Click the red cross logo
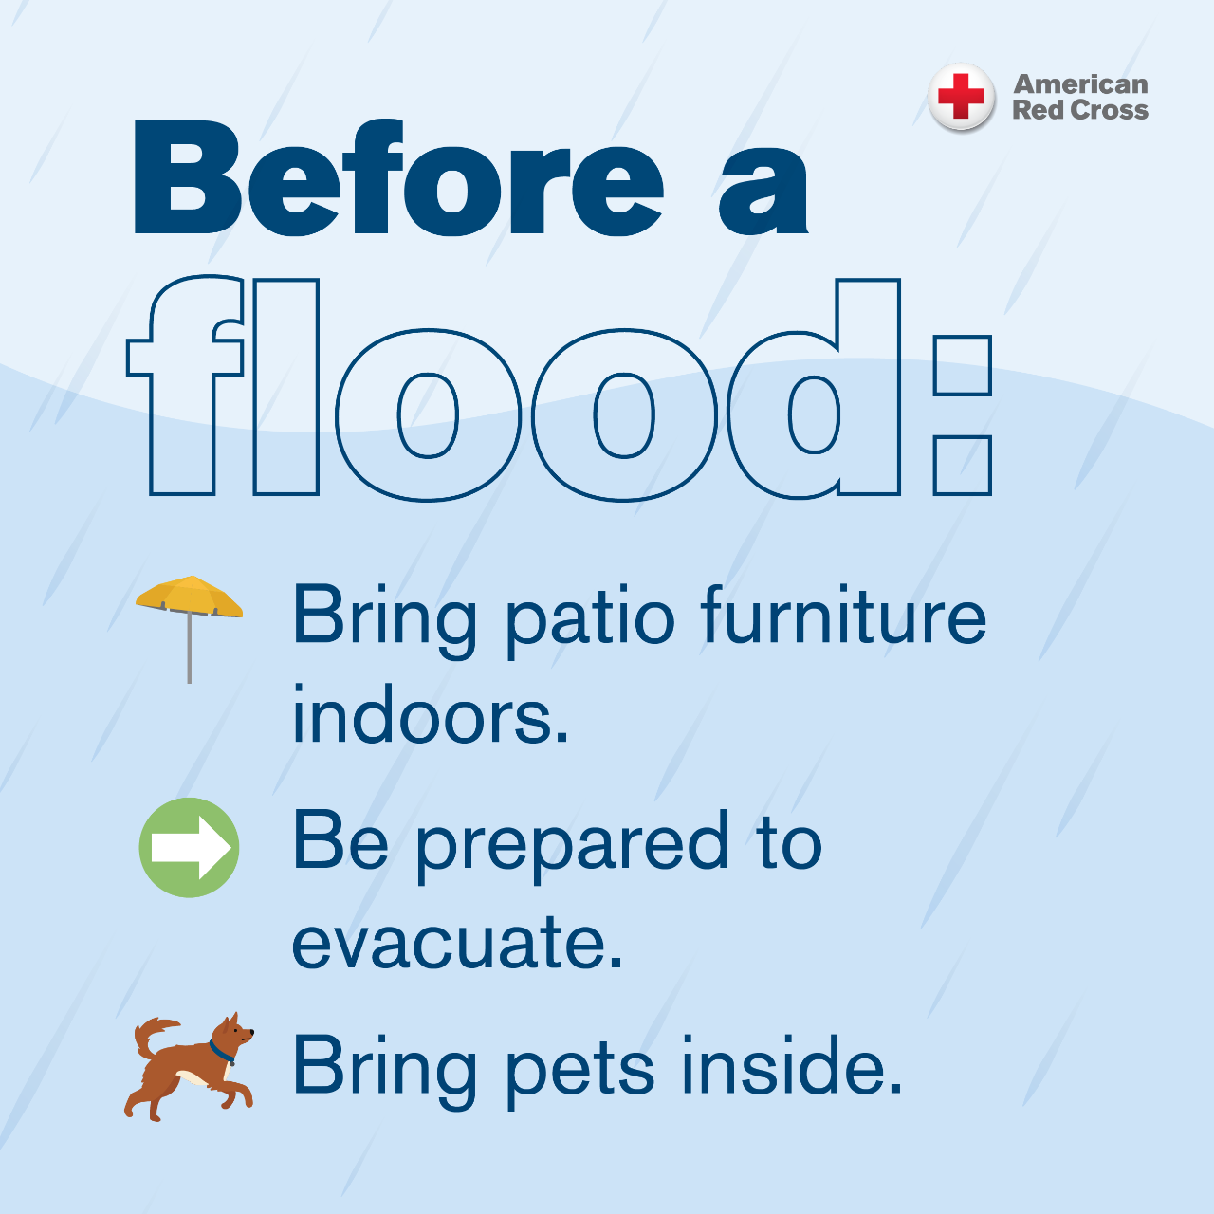pyautogui.click(x=961, y=97)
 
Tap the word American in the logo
pyautogui.click(x=1080, y=84)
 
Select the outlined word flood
pyautogui.click(x=513, y=388)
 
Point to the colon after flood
pyautogui.click(x=963, y=415)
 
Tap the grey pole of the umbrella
pyautogui.click(x=189, y=649)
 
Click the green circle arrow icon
pyautogui.click(x=189, y=847)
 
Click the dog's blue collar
pyautogui.click(x=221, y=1052)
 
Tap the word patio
pyautogui.click(x=590, y=621)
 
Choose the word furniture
pyautogui.click(x=843, y=615)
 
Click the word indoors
pyautogui.click(x=431, y=715)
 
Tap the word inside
pyautogui.click(x=792, y=1064)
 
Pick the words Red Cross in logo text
pyautogui.click(x=1080, y=110)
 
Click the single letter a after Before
pyautogui.click(x=763, y=189)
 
